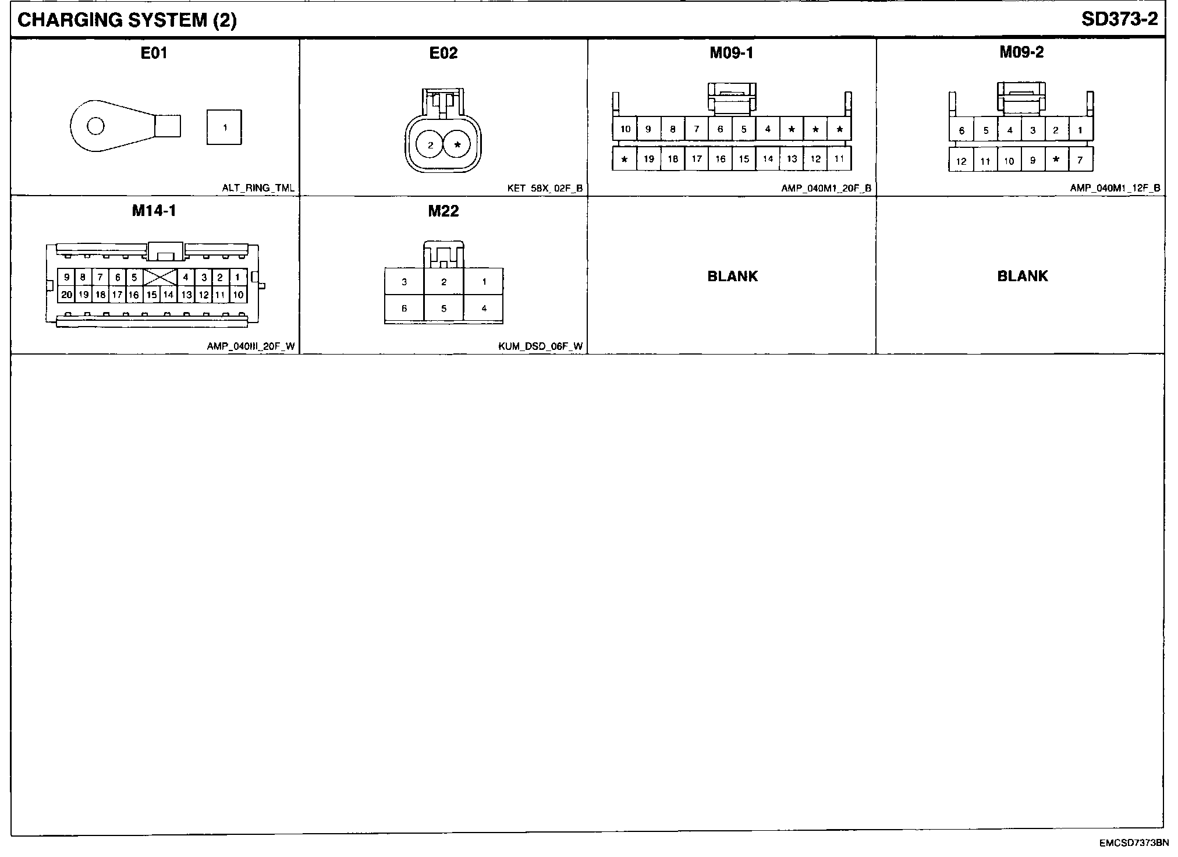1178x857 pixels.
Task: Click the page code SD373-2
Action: pos(1119,19)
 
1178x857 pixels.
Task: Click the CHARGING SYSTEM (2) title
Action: pos(127,20)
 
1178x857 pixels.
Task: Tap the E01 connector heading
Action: pos(154,53)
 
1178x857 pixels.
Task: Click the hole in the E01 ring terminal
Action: pos(95,126)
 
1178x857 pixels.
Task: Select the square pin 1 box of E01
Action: pos(224,128)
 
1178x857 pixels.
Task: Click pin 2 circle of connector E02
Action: pos(430,145)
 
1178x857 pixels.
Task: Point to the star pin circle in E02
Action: pos(457,145)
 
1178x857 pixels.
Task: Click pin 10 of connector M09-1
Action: pos(625,129)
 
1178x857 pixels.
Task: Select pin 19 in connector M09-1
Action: pos(648,159)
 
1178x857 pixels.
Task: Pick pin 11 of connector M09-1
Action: pos(839,158)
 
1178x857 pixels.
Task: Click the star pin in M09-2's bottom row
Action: pos(1056,160)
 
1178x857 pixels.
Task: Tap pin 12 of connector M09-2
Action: pos(961,161)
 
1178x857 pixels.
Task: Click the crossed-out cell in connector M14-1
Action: pos(160,277)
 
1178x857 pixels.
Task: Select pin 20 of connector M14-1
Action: pos(66,295)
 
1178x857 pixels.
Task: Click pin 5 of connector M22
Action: pos(443,309)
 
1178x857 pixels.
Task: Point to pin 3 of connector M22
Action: pos(404,282)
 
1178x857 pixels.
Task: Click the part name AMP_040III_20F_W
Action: pos(250,346)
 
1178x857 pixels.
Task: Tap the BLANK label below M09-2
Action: pos(1022,276)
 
